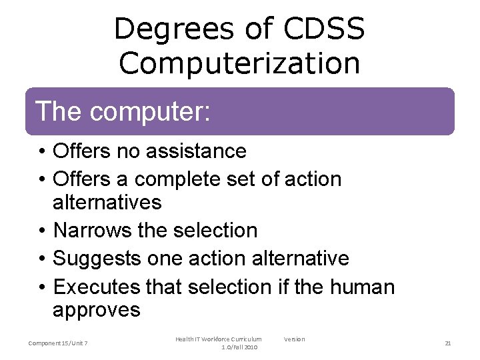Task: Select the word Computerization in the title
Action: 239,63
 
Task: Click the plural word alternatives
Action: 107,202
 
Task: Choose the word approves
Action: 97,310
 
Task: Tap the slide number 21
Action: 448,343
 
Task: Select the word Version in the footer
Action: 294,339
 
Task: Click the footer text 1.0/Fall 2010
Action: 239,347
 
